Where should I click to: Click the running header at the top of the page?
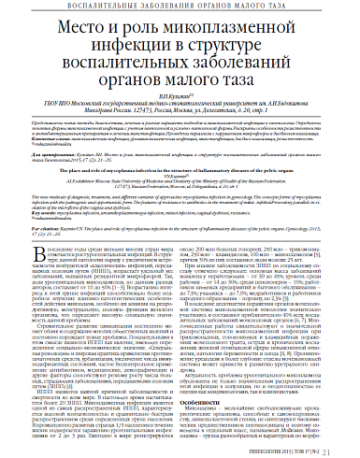pyautogui.click(x=180, y=8)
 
